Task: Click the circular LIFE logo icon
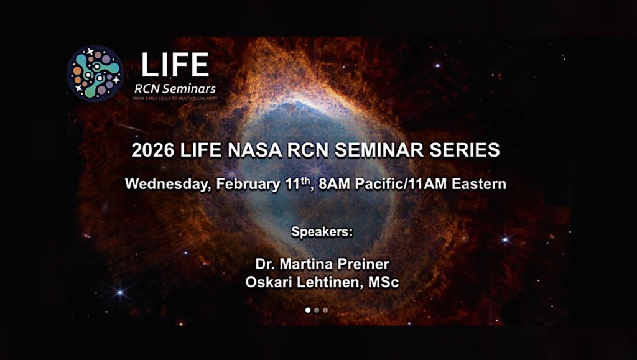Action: [95, 73]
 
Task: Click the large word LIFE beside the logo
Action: [174, 65]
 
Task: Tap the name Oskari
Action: [267, 282]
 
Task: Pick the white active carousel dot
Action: [308, 310]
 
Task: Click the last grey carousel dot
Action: [325, 310]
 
